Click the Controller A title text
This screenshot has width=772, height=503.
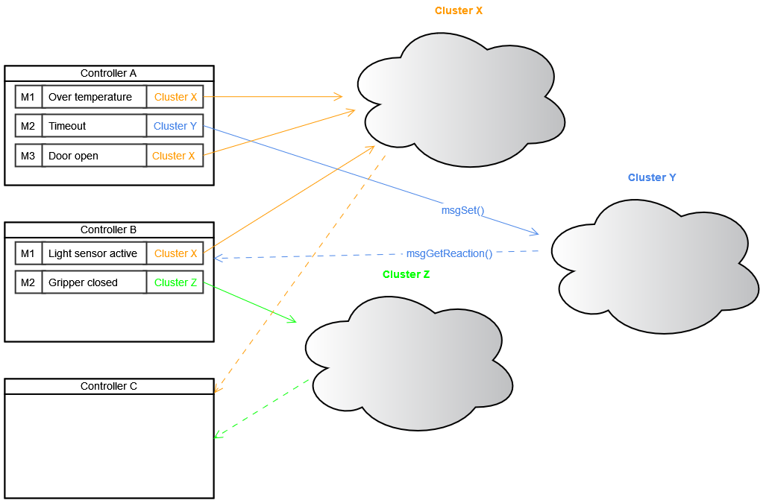[x=108, y=73]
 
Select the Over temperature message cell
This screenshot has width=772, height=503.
[x=93, y=97]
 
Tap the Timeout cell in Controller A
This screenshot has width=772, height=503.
[x=93, y=126]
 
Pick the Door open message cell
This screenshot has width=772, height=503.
[x=93, y=156]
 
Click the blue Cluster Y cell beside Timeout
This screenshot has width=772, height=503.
[x=175, y=126]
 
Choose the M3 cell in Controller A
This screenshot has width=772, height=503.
[x=28, y=156]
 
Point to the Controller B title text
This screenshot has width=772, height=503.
[x=108, y=230]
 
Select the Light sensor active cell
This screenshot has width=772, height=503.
[x=93, y=253]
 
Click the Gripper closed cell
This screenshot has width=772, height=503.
[x=93, y=282]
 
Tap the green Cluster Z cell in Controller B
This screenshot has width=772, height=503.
[x=175, y=282]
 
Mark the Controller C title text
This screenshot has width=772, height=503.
[x=108, y=386]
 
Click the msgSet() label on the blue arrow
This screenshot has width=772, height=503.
[x=462, y=210]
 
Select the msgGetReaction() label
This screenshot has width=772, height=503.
[x=449, y=253]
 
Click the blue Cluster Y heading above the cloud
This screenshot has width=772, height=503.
[x=652, y=177]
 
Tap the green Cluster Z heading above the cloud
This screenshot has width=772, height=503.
[x=406, y=274]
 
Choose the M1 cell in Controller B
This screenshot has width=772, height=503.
[x=28, y=253]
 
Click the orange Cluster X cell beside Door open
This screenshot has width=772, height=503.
[x=174, y=156]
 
